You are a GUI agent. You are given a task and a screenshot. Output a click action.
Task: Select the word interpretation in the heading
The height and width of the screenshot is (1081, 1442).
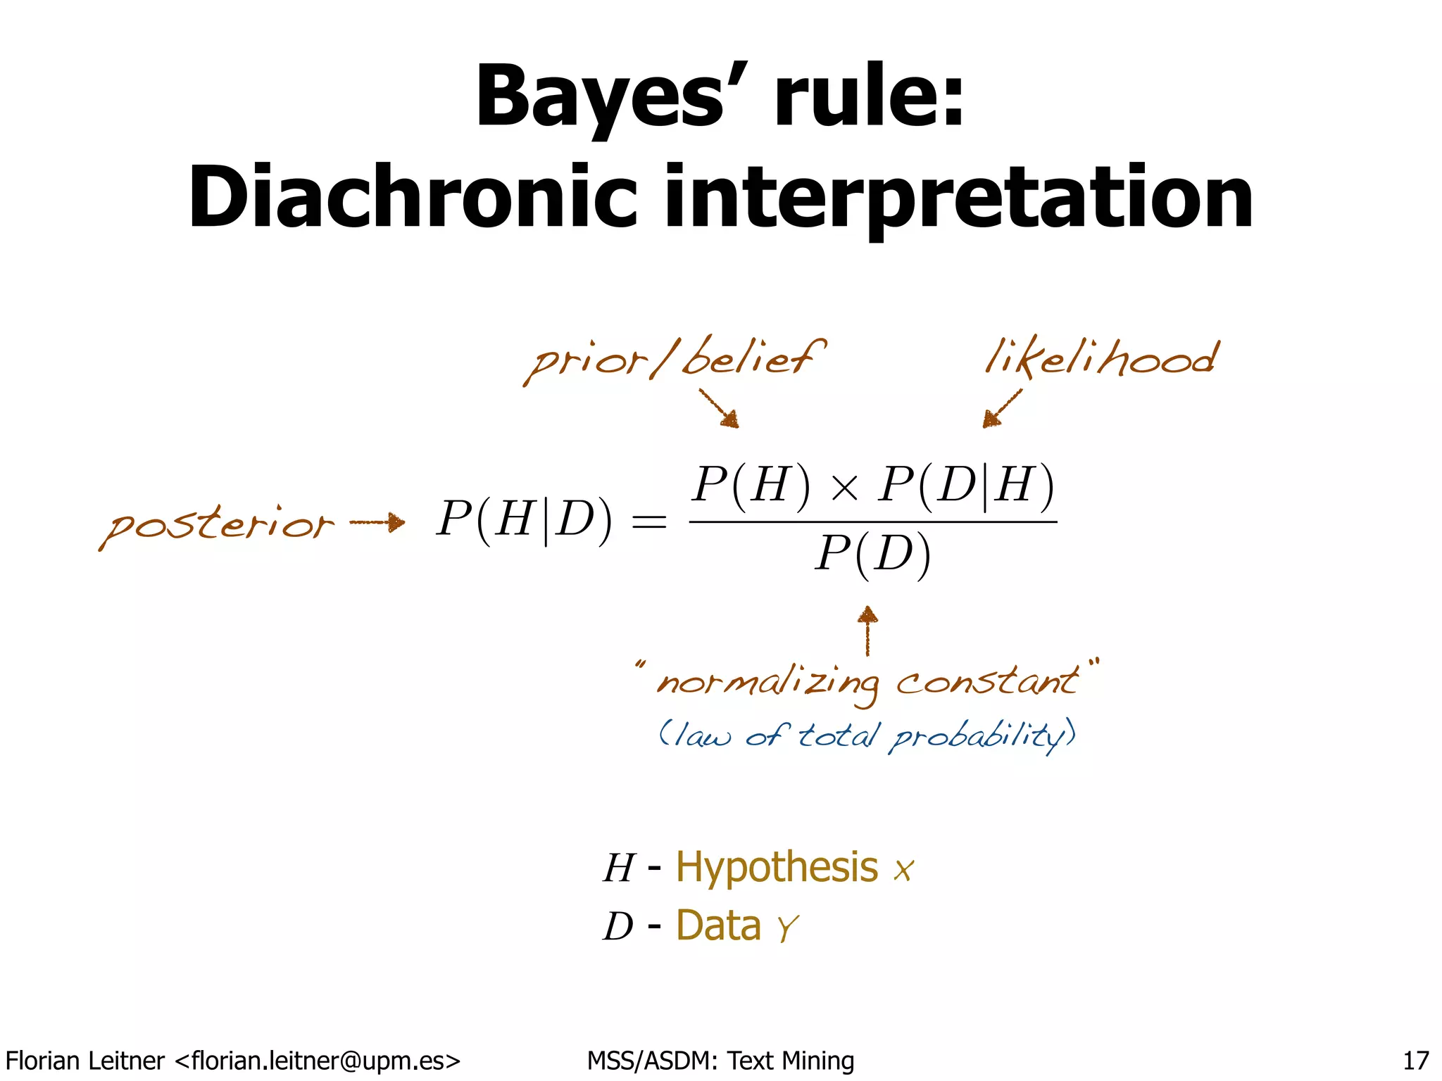(x=958, y=198)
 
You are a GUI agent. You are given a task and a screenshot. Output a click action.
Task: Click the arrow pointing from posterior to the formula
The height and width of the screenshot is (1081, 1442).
(x=377, y=522)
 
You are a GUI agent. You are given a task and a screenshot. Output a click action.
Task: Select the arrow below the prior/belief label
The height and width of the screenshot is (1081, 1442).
(x=720, y=409)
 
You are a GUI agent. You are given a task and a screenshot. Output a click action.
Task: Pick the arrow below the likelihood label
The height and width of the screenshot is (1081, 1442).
(x=1001, y=409)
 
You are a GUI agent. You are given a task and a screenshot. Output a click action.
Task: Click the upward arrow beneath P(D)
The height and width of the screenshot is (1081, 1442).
(x=867, y=630)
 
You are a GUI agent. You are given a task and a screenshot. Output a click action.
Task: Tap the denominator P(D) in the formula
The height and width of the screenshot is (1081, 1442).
(x=873, y=556)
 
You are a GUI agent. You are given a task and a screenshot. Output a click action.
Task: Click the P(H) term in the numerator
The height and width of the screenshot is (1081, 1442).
(x=751, y=486)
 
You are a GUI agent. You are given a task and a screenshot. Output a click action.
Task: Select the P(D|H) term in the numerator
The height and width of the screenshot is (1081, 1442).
(x=966, y=486)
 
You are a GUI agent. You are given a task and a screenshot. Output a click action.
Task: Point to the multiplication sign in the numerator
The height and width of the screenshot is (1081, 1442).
(x=844, y=488)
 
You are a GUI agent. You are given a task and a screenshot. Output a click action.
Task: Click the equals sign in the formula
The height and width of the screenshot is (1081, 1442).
(x=648, y=522)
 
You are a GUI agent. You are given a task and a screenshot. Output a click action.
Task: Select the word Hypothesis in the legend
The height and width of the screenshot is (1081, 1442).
(x=777, y=867)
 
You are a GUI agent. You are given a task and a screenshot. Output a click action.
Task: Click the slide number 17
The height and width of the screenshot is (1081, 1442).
(x=1416, y=1060)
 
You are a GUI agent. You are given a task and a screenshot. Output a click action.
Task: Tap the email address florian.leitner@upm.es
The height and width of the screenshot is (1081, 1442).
(x=317, y=1060)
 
